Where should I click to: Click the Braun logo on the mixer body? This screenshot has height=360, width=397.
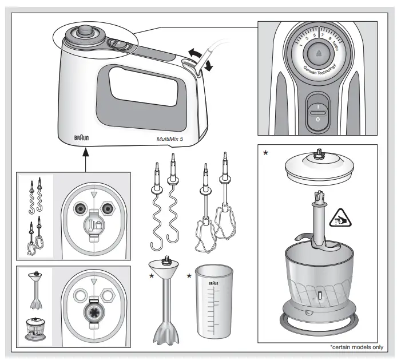click(82, 138)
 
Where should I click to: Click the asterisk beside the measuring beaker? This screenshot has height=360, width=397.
click(189, 276)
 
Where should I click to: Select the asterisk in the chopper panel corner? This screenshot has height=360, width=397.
click(265, 153)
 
